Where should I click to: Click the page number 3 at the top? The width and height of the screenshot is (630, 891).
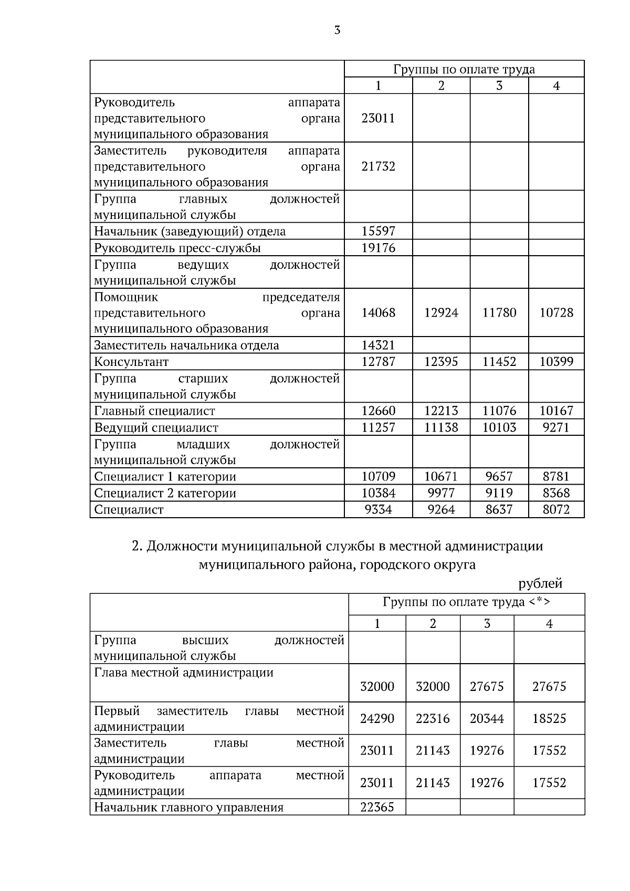pos(337,30)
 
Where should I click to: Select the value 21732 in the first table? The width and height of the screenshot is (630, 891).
pos(378,166)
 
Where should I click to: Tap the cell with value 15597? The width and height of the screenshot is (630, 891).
pos(378,231)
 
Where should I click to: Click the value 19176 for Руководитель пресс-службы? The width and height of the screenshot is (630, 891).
pos(378,248)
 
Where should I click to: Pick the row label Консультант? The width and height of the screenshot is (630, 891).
pos(131,362)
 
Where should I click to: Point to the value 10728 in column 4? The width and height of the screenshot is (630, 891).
pos(556,313)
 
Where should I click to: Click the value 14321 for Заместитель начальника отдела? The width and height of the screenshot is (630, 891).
pos(378,345)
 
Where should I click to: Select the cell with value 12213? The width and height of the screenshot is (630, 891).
pos(441,411)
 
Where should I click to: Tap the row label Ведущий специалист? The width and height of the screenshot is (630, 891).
pos(156,427)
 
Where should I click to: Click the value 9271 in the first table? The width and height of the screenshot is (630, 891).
pos(556,427)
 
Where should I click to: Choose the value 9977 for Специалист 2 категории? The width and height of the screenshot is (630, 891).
pos(441,493)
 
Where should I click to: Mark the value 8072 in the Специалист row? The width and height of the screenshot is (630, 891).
pos(556,509)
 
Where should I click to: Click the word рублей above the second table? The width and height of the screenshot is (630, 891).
pos(540,583)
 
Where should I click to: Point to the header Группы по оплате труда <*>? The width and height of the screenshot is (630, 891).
pos(466,602)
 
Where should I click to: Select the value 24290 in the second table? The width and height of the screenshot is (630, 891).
pos(377,718)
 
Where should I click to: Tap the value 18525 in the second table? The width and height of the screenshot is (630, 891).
pos(549,718)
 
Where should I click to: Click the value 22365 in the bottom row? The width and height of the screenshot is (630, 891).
pos(377,808)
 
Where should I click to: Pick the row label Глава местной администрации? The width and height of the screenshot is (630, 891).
pos(184,673)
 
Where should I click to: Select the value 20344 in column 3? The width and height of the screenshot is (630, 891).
pos(487,718)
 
